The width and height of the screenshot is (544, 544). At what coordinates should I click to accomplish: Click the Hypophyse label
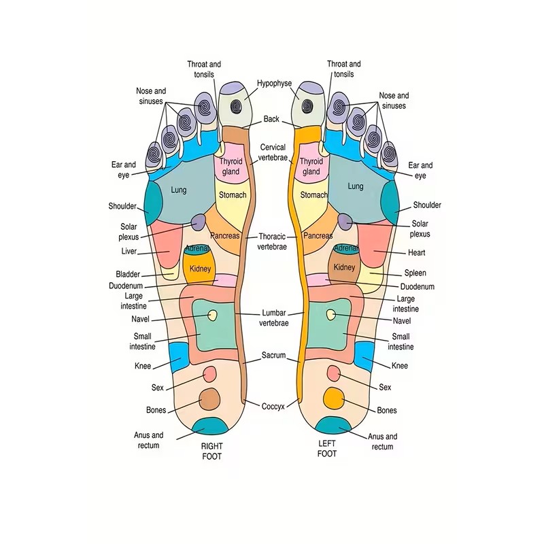274,84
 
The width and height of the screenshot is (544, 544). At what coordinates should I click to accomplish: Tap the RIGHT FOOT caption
211,451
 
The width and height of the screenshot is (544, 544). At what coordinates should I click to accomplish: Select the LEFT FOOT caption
327,448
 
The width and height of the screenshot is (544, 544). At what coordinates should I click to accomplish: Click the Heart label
417,252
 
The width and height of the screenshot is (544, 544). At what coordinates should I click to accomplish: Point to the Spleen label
415,273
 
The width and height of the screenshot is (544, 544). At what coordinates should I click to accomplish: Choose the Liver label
129,252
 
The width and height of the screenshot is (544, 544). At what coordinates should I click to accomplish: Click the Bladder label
128,275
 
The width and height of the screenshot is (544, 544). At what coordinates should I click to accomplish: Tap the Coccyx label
273,407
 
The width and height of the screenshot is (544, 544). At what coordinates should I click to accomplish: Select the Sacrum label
273,356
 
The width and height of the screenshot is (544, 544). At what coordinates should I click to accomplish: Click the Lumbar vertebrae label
273,318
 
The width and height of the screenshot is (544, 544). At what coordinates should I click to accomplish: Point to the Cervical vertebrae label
273,152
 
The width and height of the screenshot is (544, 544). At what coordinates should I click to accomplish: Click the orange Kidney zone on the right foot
200,267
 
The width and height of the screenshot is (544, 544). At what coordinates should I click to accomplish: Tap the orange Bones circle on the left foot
333,396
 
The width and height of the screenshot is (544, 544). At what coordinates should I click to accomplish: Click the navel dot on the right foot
212,315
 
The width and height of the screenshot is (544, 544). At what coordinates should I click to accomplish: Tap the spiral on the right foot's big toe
235,106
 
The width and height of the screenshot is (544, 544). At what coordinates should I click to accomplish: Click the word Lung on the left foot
356,186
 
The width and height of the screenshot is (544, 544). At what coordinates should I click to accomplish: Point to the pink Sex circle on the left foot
333,373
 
